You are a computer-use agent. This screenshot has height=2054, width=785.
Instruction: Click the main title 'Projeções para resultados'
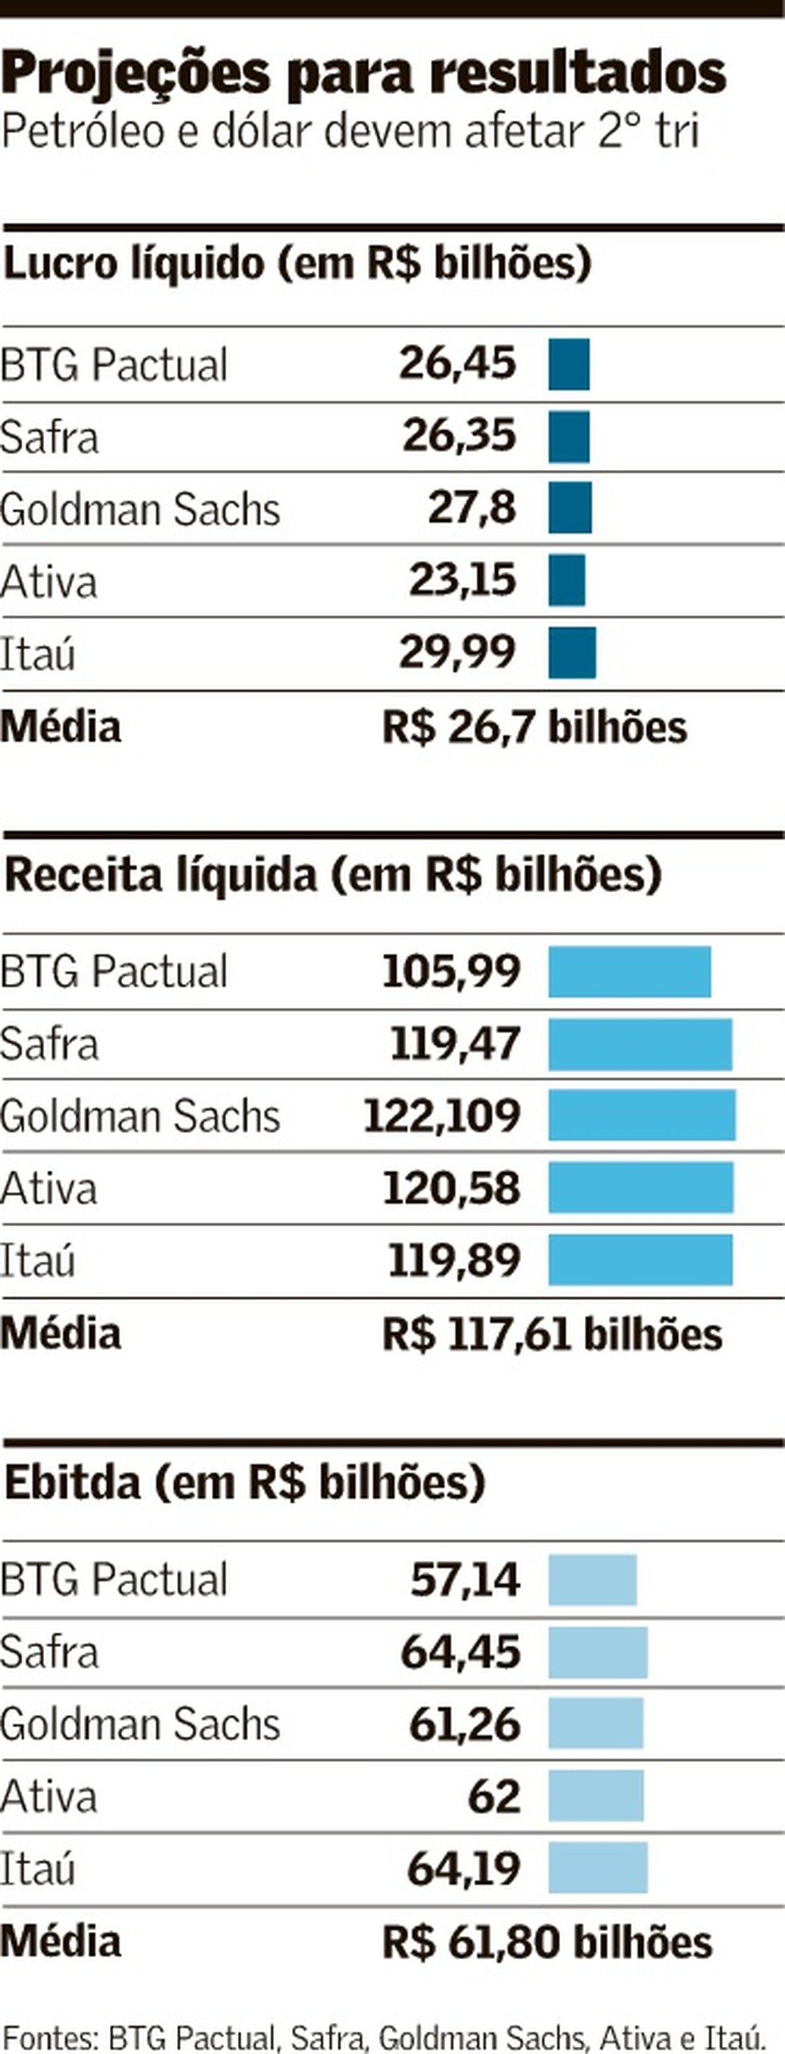[364, 73]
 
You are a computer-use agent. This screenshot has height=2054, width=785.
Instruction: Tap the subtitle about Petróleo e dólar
[349, 131]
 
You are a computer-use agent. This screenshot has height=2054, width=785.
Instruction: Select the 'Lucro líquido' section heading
[297, 263]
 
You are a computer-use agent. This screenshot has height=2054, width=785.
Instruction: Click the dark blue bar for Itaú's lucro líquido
[571, 652]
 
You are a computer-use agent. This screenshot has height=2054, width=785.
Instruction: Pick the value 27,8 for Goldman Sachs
[471, 508]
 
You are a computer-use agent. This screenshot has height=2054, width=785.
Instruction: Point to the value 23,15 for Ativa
[462, 579]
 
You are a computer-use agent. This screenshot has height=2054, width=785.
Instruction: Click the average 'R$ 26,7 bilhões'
[534, 727]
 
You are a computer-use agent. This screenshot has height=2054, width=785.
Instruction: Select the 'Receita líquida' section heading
[333, 875]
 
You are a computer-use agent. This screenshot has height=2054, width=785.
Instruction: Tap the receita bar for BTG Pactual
[629, 971]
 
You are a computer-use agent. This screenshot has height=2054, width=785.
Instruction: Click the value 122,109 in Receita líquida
[442, 1115]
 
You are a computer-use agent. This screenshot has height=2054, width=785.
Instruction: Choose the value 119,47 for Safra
[455, 1043]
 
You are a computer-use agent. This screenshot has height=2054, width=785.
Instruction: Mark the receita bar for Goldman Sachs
[641, 1115]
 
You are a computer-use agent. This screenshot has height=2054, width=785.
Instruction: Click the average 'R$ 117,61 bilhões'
[552, 1334]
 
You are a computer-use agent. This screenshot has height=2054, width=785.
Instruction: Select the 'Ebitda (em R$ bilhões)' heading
[245, 1482]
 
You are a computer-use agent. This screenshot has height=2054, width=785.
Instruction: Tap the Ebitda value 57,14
[465, 1579]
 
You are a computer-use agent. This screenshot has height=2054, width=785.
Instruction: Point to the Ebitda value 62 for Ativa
[494, 1796]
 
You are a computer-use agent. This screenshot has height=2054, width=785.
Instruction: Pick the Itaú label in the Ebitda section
[37, 1869]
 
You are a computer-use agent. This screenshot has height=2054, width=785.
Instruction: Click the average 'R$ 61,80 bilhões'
[546, 1942]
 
